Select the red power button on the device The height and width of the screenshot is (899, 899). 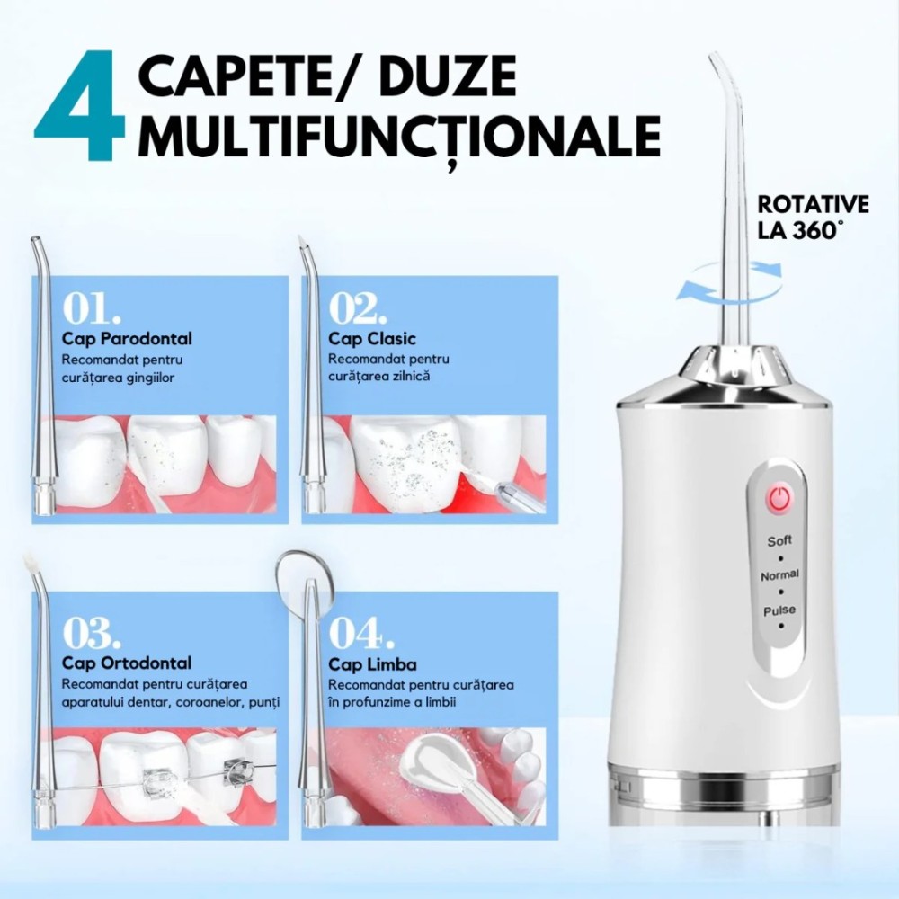(779, 498)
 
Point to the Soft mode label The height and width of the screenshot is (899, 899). (779, 540)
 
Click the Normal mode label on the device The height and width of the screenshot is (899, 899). (779, 575)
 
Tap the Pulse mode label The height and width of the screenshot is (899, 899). (779, 610)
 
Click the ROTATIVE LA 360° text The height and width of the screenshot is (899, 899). (813, 218)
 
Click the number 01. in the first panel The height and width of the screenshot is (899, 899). (92, 308)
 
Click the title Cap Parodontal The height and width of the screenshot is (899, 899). (127, 339)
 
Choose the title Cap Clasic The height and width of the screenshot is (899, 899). (371, 339)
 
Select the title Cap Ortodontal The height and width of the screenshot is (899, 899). (127, 663)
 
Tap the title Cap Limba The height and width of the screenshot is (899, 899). (372, 664)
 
